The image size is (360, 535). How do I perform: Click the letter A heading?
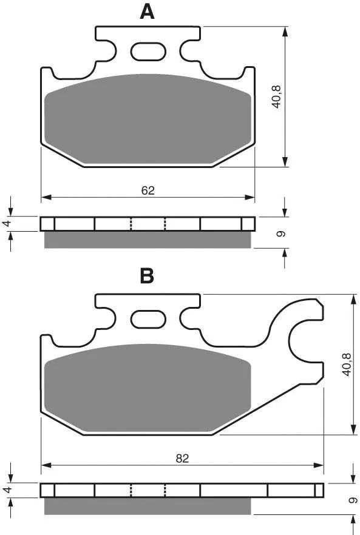coord(147,12)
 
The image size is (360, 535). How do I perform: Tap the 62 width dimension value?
coord(148,190)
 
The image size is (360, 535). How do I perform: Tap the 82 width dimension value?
coord(182,458)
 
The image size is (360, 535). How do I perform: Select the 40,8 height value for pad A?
coord(276,97)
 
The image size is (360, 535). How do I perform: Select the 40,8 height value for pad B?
coord(346,365)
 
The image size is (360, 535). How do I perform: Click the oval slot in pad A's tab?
coord(148,52)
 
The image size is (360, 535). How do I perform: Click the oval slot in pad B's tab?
coord(148,319)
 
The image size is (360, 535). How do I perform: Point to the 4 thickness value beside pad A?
coord(7,223)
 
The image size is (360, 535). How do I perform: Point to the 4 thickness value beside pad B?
coord(7,490)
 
